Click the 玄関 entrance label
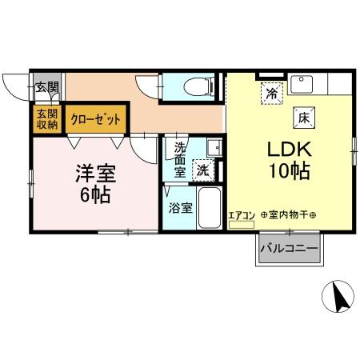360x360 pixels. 46,87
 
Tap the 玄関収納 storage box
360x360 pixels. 46,118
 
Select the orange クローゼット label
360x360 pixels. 96,119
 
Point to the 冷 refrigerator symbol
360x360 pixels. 271,93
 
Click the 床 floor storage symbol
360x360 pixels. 304,117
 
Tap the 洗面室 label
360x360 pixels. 181,159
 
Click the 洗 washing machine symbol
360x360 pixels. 204,170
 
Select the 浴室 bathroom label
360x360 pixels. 180,208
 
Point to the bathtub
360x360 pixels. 209,210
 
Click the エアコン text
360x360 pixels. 242,214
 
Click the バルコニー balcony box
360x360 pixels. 288,250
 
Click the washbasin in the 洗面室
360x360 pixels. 211,148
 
